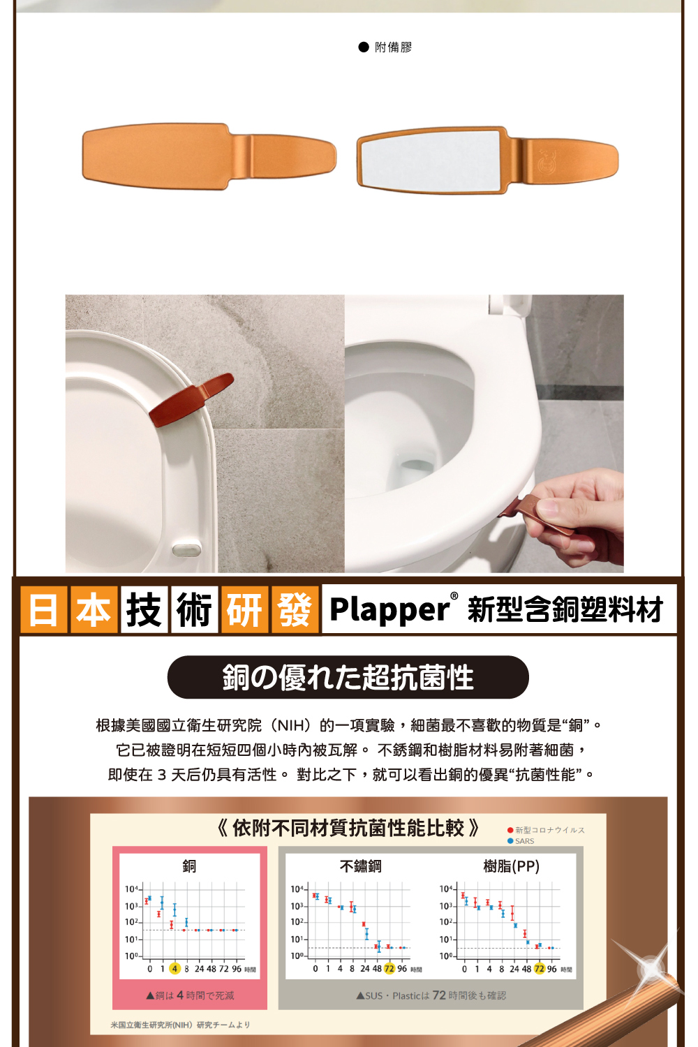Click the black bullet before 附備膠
coord(363,47)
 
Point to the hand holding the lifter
coord(579,513)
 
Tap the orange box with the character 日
coord(43,610)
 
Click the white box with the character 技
coord(144,610)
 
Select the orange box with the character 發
coord(295,610)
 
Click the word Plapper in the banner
coord(389,609)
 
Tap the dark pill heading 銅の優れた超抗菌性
coord(348,677)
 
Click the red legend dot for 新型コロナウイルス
coord(510,830)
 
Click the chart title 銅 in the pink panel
coord(189,866)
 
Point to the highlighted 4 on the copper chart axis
coord(174,969)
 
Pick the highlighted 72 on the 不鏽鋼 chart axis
coord(389,969)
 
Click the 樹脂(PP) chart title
coord(511,866)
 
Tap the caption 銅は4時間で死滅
coord(190,995)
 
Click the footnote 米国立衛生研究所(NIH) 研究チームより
coord(180,1025)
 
